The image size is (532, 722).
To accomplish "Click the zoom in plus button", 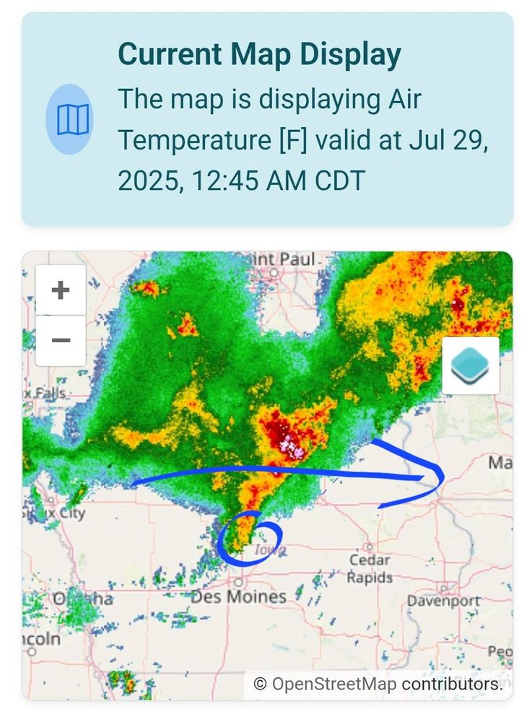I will pyautogui.click(x=61, y=290).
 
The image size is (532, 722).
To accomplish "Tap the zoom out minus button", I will pyautogui.click(x=61, y=339).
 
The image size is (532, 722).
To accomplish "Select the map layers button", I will pyautogui.click(x=470, y=365).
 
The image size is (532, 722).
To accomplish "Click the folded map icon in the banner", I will pyautogui.click(x=69, y=119).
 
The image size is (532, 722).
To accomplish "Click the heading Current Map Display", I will pyautogui.click(x=259, y=55).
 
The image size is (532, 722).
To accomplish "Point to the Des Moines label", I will pyautogui.click(x=238, y=597).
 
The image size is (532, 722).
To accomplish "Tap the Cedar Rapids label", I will pyautogui.click(x=369, y=569).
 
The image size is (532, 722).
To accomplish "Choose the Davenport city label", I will pyautogui.click(x=444, y=601).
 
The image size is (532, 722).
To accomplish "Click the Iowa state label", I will pyautogui.click(x=271, y=550).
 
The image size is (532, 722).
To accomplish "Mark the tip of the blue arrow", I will pyautogui.click(x=442, y=473).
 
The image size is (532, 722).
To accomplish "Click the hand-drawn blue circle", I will pyautogui.click(x=249, y=538).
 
